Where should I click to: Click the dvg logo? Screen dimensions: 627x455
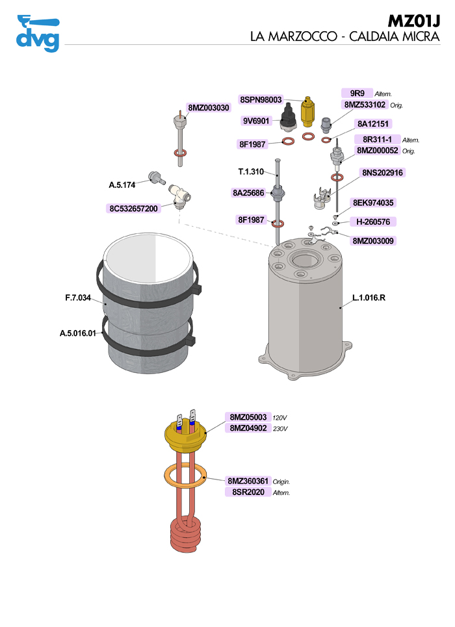click(x=38, y=33)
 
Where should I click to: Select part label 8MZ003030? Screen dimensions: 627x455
click(x=209, y=108)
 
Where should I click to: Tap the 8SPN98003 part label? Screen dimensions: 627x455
click(x=261, y=99)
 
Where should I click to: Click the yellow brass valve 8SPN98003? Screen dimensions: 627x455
click(x=308, y=114)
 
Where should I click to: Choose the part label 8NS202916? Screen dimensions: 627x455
click(x=382, y=173)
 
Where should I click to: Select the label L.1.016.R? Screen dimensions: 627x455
click(x=369, y=298)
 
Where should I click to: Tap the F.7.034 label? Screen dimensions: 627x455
click(x=77, y=298)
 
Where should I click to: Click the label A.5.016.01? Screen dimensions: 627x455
click(x=78, y=333)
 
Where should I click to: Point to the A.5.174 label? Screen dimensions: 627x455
click(x=122, y=185)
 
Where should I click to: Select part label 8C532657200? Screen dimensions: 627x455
click(x=133, y=209)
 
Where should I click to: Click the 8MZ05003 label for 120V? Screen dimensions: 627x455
click(x=248, y=417)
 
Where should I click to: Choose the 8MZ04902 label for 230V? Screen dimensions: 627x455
click(x=248, y=428)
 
